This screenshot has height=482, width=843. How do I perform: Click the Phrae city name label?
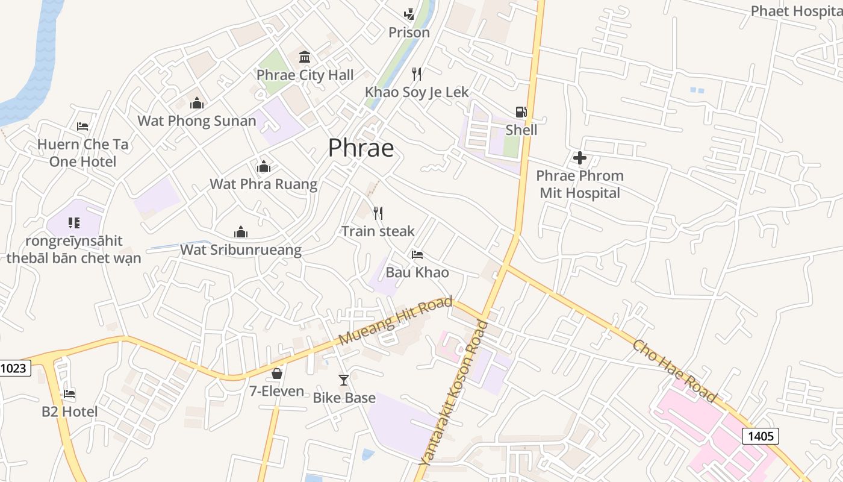[361, 148]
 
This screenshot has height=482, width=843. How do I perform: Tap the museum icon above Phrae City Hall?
[305, 57]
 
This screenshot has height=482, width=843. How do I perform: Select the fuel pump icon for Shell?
[521, 111]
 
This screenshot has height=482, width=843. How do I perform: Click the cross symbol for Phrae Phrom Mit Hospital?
[580, 158]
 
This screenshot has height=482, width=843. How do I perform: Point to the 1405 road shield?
[761, 436]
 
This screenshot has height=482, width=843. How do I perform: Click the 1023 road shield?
[14, 368]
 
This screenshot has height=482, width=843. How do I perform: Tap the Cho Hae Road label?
[674, 371]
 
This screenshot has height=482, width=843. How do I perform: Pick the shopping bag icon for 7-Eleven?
[277, 374]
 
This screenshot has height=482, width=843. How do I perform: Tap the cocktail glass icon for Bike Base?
[344, 380]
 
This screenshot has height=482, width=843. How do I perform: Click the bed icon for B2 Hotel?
[69, 394]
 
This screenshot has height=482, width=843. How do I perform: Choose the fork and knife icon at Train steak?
[378, 213]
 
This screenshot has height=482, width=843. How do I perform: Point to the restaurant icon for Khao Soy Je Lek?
[417, 74]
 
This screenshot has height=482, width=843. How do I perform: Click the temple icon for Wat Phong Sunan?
[197, 103]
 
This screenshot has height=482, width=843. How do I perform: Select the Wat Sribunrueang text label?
[241, 249]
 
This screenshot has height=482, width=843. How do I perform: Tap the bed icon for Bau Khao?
[417, 254]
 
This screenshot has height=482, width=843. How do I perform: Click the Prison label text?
[409, 33]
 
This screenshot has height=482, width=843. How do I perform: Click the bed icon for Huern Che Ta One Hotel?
[82, 126]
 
